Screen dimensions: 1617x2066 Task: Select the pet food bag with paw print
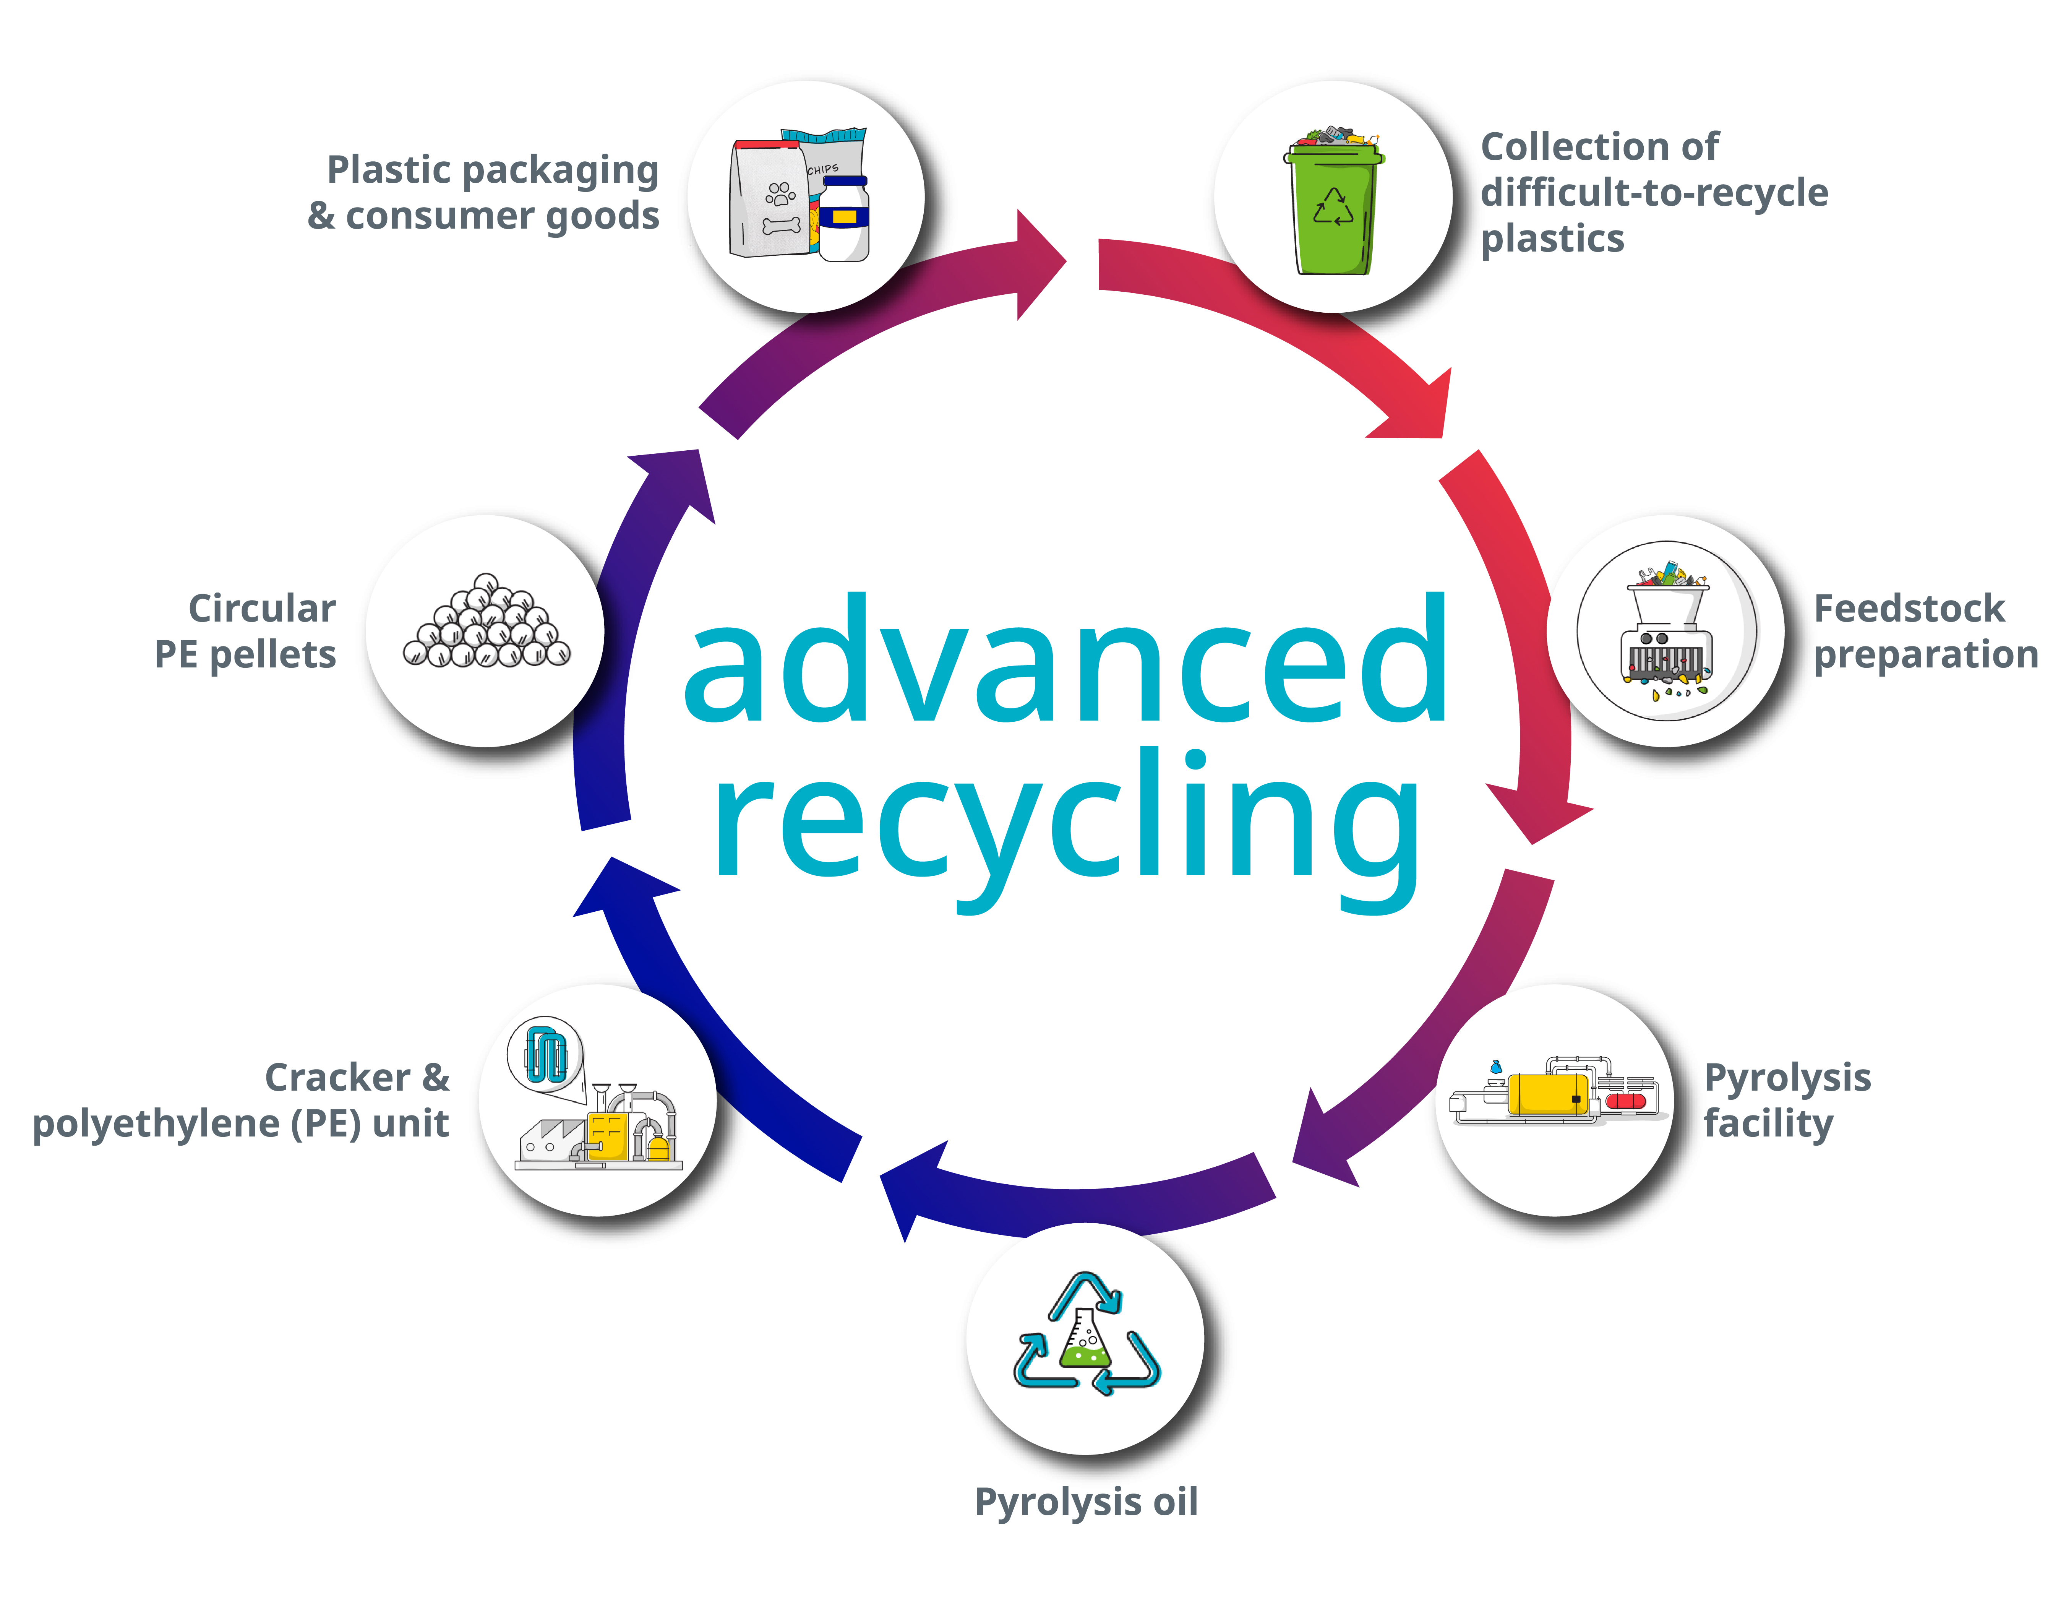[769, 201]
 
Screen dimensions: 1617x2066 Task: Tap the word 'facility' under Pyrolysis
[1768, 1124]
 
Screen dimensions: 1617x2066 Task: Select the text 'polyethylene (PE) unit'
[240, 1124]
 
